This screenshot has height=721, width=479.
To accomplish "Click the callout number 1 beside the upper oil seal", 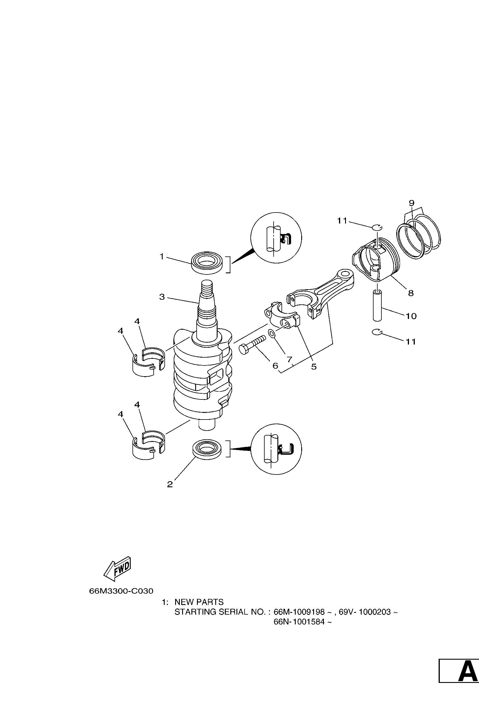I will (x=162, y=256).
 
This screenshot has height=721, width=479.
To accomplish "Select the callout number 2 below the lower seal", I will (x=170, y=484).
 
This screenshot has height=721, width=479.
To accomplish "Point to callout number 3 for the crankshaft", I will (x=162, y=297).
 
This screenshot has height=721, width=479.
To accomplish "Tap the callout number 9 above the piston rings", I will (x=411, y=203).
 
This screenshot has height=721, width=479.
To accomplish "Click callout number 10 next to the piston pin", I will (x=411, y=316).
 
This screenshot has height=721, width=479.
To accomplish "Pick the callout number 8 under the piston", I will (x=411, y=293).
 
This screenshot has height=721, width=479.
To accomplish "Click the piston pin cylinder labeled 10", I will (x=378, y=306).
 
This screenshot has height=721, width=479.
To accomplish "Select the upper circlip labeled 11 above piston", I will (x=377, y=227).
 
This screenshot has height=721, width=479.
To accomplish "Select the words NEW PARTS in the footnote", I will (x=199, y=602).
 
